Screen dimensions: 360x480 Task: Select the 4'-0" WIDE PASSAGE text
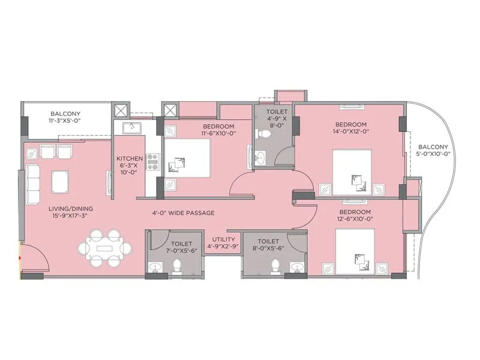coord(183,213)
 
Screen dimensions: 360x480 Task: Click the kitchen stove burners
coord(152,160)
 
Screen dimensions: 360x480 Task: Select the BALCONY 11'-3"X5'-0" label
coord(65,117)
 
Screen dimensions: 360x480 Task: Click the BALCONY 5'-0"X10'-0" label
coord(433,150)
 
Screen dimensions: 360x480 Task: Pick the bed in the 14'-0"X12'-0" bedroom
coord(354,173)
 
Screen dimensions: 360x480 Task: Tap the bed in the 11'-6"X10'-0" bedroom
coord(186,156)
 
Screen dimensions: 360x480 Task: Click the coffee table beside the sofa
coord(59,180)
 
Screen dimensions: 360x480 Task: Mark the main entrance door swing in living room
coord(34,258)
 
